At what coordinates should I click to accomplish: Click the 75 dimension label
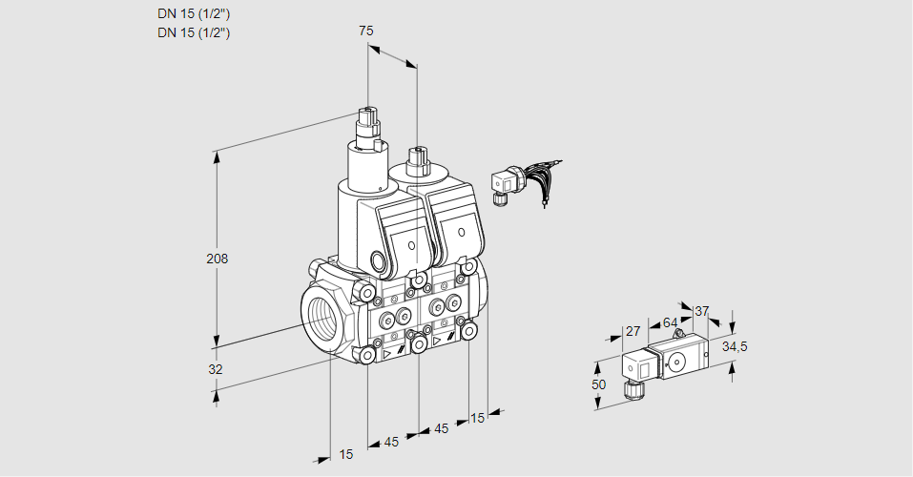tap(365, 31)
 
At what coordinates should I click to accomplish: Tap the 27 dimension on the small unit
tap(632, 331)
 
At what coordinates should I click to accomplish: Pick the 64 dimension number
tap(670, 322)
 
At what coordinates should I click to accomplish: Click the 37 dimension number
tap(702, 311)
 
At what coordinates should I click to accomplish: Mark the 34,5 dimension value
tap(734, 346)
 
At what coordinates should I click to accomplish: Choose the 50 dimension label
tap(598, 384)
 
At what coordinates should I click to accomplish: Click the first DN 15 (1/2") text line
tap(194, 13)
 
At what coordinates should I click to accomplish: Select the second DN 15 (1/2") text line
tap(194, 32)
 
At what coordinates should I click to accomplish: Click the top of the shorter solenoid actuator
tap(416, 153)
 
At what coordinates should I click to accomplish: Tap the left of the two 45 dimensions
tap(391, 442)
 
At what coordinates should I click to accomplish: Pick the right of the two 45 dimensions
tap(441, 429)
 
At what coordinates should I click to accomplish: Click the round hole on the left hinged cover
tap(412, 246)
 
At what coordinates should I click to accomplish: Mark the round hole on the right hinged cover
tap(462, 232)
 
